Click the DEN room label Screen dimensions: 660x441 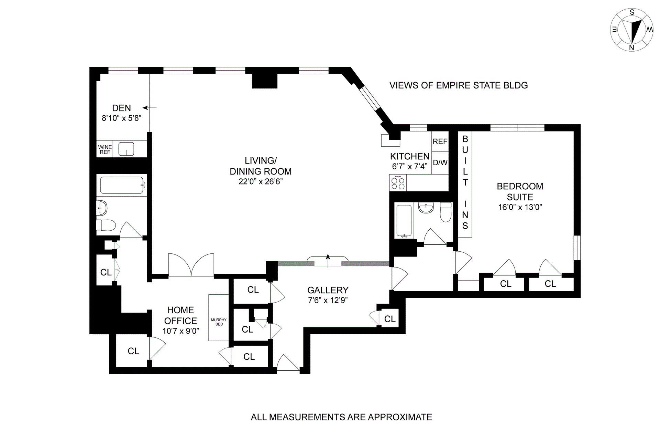click(121, 108)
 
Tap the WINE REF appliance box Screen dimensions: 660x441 click(105, 149)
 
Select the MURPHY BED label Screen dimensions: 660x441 click(219, 322)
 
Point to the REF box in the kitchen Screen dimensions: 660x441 click(440, 141)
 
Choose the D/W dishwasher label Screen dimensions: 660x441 click(440, 162)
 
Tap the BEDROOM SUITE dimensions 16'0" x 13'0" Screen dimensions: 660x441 click(520, 207)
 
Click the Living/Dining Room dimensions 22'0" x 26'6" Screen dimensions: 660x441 click(261, 181)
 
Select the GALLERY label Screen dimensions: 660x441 click(328, 290)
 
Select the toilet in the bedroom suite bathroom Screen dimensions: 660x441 click(445, 212)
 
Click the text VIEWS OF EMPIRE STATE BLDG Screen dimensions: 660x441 click(458, 85)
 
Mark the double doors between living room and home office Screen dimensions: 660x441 click(191, 265)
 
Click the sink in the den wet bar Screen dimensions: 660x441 click(126, 149)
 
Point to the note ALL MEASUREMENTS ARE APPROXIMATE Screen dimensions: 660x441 click(341, 417)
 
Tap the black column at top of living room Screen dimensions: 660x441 click(264, 81)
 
